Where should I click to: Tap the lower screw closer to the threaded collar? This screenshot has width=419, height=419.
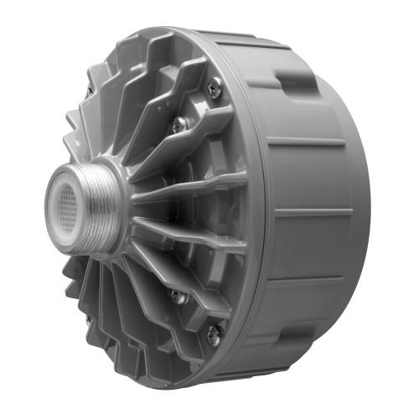[177, 296]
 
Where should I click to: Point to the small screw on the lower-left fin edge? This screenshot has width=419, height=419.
[88, 319]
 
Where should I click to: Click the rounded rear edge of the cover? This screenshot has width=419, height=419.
[362, 209]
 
